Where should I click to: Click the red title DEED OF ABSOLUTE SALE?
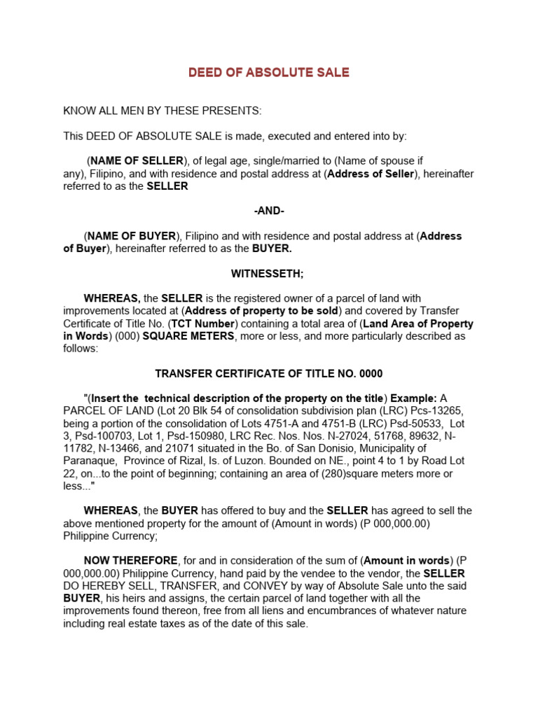coord(268,73)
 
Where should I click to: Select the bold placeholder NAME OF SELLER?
coord(136,160)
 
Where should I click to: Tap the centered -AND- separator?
coord(268,211)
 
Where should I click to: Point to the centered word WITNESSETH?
coord(268,273)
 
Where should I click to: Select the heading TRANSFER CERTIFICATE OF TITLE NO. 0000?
coord(268,374)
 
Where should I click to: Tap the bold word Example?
coord(413,398)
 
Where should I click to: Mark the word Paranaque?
coord(91,461)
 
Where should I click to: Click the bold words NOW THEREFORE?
coord(131,560)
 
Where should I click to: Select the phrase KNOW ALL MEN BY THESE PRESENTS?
coord(163,111)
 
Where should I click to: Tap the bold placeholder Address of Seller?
coord(371,174)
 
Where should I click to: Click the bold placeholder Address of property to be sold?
coord(262,311)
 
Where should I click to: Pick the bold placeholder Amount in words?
coord(406,560)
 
